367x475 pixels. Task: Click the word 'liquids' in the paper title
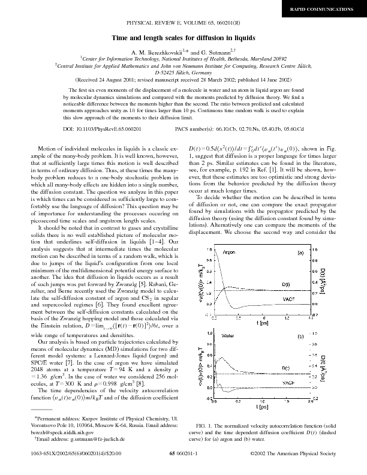click(242, 37)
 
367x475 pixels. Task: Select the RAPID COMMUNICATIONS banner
click(330, 10)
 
